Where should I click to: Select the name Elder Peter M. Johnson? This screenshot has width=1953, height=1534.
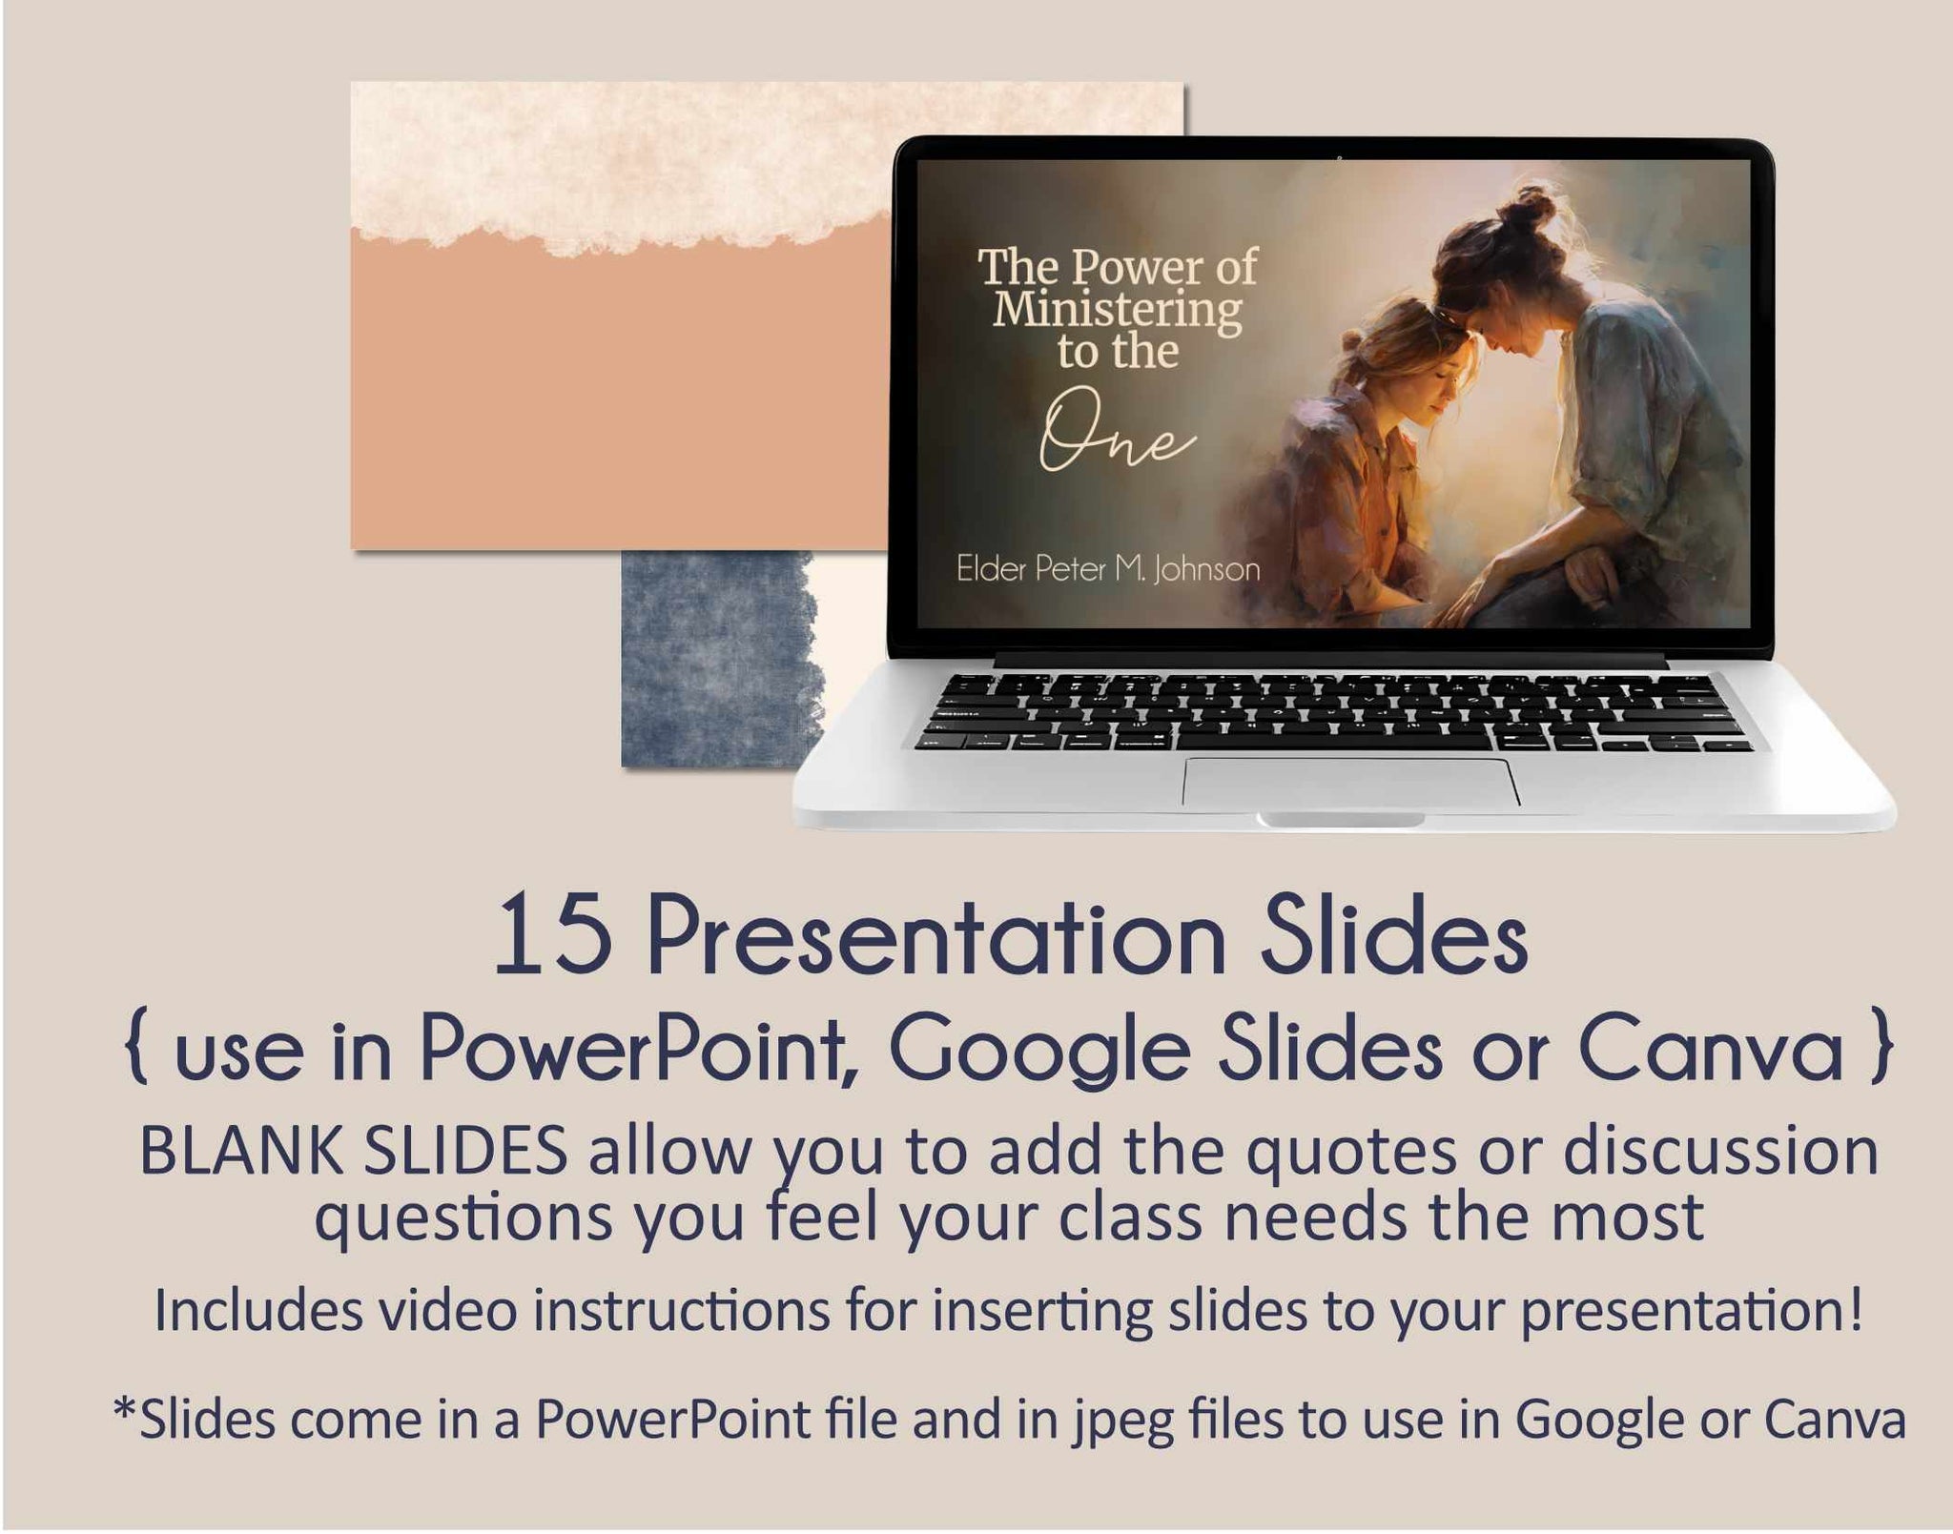(1108, 569)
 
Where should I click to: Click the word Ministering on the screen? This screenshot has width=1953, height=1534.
(1118, 309)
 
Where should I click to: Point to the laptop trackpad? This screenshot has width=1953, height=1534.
(1351, 783)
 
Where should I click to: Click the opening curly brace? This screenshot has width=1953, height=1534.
(138, 1051)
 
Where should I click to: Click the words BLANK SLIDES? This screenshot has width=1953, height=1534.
(354, 1151)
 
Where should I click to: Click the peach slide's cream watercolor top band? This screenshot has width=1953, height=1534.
(768, 157)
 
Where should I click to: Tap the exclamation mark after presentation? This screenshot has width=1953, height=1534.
(1853, 1309)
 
